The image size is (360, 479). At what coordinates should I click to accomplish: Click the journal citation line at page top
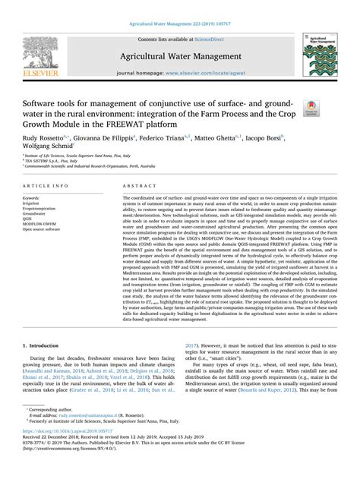click(179, 6)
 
